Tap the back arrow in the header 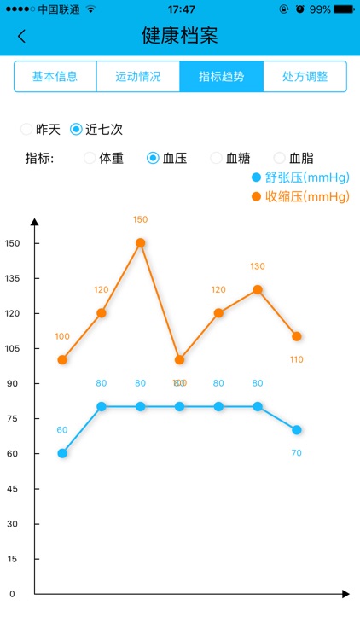click(22, 36)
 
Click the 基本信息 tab click(55, 76)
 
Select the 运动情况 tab click(138, 76)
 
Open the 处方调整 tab click(305, 76)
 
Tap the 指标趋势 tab click(221, 76)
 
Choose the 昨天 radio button click(27, 130)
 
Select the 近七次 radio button click(77, 130)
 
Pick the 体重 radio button click(90, 158)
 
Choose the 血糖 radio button click(217, 158)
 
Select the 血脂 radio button click(280, 158)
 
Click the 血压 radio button click(154, 158)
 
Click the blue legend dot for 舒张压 click(256, 177)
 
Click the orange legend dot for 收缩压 click(256, 197)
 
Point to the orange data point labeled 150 click(141, 242)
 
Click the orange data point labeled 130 click(258, 289)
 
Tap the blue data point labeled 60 click(62, 453)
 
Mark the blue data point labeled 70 click(296, 430)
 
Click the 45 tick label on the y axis click(12, 488)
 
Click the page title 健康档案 click(180, 36)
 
